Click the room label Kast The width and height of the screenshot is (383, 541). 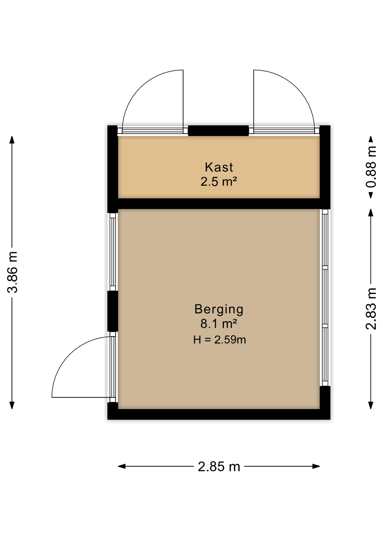(x=219, y=167)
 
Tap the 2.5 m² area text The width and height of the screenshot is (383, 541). (x=219, y=181)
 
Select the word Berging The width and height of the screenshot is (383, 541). (x=219, y=309)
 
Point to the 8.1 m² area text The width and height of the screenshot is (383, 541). (x=219, y=324)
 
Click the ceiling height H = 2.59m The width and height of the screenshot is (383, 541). (x=219, y=340)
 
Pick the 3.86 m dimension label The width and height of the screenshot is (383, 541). (x=13, y=272)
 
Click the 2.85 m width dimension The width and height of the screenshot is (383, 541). (x=219, y=467)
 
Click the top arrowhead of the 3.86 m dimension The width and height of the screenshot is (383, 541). (x=12, y=139)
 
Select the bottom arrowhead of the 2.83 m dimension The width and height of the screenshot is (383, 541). (x=371, y=405)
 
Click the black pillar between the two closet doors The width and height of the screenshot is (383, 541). (x=218, y=131)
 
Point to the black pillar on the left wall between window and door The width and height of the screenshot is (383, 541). (x=113, y=311)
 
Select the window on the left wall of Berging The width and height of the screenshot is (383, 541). (x=113, y=252)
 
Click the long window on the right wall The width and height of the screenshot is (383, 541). (x=325, y=297)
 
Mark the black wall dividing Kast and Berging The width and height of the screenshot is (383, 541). (x=219, y=203)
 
